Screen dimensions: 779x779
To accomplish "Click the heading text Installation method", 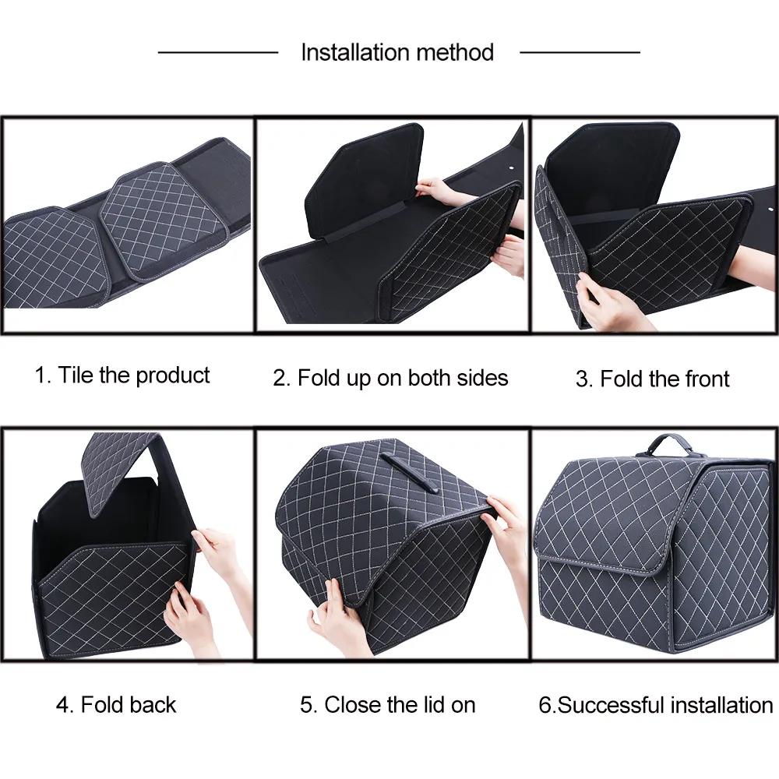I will click(397, 52).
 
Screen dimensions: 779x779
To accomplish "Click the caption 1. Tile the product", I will click(122, 375).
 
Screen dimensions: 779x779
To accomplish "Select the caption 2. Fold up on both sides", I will click(390, 378).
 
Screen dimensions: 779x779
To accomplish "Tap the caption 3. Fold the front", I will click(652, 379).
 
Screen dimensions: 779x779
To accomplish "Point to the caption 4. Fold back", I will click(116, 705).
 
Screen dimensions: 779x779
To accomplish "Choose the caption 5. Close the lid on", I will click(387, 705).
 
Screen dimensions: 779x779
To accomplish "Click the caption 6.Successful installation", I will click(655, 706).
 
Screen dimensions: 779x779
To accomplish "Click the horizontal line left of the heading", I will click(218, 52).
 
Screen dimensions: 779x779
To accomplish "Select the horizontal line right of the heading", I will click(580, 52).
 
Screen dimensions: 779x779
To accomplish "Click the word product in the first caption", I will click(173, 375).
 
